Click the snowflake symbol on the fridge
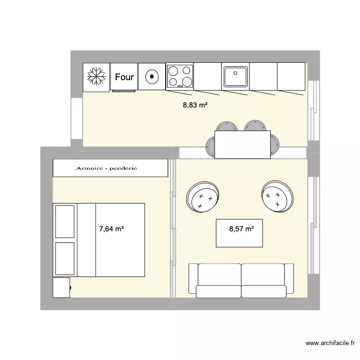[x=96, y=77]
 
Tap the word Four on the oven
[x=124, y=77]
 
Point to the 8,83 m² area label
[x=195, y=105]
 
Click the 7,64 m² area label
[x=111, y=229]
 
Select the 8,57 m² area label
[x=241, y=229]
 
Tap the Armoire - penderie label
[x=107, y=168]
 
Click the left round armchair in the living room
[x=202, y=197]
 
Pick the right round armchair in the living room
[x=277, y=196]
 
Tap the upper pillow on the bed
[x=65, y=221]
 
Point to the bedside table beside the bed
[x=61, y=287]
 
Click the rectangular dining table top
[x=242, y=144]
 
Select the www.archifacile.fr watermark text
[x=330, y=344]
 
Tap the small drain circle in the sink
[x=235, y=73]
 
